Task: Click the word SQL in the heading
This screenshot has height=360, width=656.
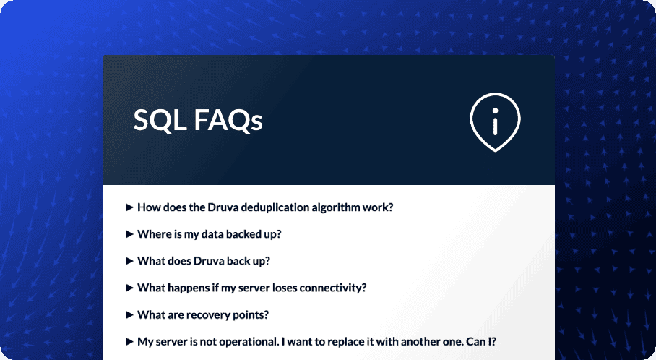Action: pos(159,120)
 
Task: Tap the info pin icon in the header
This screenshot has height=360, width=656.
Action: pos(495,121)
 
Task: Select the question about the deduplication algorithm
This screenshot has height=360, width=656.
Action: pos(264,207)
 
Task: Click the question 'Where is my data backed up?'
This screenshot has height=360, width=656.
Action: pos(209,234)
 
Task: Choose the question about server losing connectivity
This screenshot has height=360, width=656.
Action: pos(251,288)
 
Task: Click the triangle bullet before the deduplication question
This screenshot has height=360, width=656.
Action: pos(130,207)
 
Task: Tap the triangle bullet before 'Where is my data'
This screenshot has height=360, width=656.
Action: pos(130,234)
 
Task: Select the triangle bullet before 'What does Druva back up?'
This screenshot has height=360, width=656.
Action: pos(130,261)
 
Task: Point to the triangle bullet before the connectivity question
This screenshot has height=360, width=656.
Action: pos(130,288)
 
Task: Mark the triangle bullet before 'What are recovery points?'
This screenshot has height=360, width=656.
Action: pos(130,314)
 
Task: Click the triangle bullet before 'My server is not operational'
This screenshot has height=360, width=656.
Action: pos(130,341)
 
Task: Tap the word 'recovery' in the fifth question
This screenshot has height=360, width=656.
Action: pos(216,314)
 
